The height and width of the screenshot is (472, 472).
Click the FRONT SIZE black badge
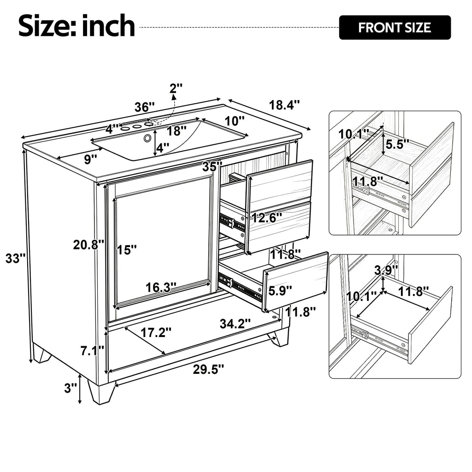[395, 27]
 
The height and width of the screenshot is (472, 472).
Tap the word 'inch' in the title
[108, 26]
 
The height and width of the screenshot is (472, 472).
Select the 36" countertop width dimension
[144, 107]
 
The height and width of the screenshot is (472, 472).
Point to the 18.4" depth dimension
[284, 105]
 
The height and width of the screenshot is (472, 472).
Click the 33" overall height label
[15, 258]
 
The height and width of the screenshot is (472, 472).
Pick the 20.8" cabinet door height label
[88, 245]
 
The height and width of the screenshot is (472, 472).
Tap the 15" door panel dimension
[127, 249]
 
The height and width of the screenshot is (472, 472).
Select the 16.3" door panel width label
[161, 288]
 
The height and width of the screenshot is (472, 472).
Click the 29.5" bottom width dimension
[209, 369]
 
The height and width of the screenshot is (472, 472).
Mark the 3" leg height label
[71, 388]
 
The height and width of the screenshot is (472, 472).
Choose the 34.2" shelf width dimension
[235, 324]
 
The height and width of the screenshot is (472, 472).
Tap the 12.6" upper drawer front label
[267, 218]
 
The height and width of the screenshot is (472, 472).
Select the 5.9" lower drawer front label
[280, 291]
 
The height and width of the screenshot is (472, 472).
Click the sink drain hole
[147, 138]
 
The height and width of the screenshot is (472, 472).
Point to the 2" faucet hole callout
[176, 88]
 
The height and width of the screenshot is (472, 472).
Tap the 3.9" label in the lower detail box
[386, 270]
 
